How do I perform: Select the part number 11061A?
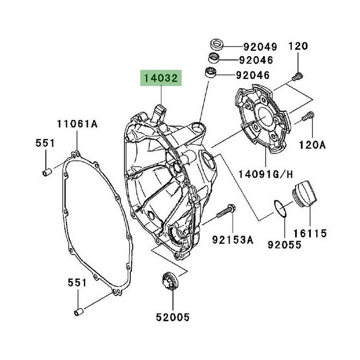(x=77, y=124)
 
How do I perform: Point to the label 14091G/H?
(x=266, y=174)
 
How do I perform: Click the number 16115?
(x=309, y=233)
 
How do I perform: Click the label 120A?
(x=313, y=145)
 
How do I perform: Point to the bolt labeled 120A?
(x=308, y=116)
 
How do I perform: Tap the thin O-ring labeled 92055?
(x=279, y=207)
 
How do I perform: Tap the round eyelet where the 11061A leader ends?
(x=76, y=153)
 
